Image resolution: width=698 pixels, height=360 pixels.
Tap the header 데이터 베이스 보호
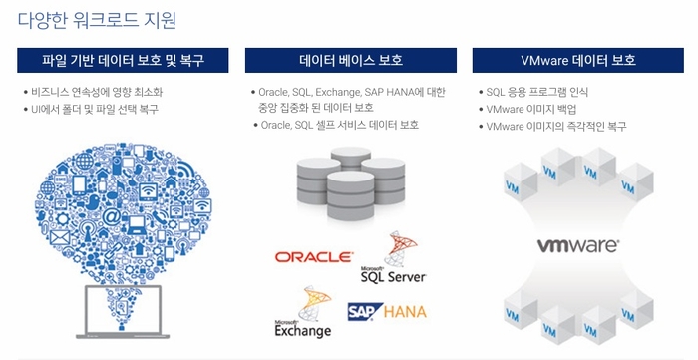click(x=351, y=60)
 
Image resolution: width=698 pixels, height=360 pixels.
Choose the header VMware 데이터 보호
click(x=577, y=60)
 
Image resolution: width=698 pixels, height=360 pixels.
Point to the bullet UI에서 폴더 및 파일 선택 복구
click(x=95, y=109)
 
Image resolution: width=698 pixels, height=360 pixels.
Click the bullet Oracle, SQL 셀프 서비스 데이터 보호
click(x=340, y=125)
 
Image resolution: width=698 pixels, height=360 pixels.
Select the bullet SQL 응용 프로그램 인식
click(x=539, y=92)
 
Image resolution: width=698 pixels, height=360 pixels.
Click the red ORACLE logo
click(x=313, y=257)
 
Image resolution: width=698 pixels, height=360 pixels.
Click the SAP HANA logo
click(x=387, y=312)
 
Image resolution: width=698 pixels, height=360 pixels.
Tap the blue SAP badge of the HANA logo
click(x=364, y=312)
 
